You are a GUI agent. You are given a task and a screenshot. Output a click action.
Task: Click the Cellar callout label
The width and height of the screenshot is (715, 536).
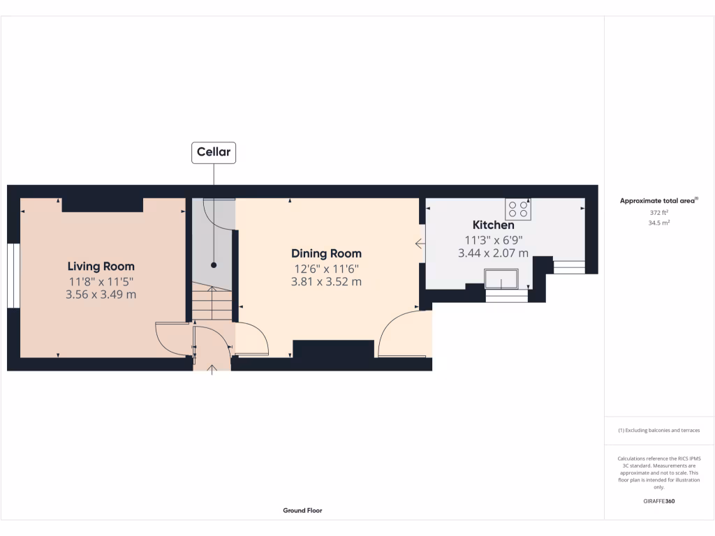(x=214, y=152)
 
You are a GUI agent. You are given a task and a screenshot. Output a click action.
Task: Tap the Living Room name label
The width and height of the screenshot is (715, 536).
(x=101, y=266)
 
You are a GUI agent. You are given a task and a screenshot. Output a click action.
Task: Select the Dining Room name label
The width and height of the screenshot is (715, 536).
(x=326, y=253)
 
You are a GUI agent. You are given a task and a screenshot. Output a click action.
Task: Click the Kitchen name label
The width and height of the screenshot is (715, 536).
(x=493, y=225)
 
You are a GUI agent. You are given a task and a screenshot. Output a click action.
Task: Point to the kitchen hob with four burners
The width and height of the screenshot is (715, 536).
(x=518, y=209)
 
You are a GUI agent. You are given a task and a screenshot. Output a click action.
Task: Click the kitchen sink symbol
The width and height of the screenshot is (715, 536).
(x=501, y=281)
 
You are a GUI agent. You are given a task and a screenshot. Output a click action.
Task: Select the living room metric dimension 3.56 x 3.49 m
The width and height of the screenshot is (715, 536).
(x=101, y=295)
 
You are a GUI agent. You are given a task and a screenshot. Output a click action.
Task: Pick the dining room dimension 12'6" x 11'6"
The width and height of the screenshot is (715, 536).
(x=326, y=269)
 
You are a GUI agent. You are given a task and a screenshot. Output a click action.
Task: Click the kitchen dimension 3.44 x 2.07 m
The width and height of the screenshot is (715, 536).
(x=493, y=253)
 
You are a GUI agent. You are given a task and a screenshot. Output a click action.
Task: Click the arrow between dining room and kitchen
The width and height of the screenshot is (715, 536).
(x=420, y=244)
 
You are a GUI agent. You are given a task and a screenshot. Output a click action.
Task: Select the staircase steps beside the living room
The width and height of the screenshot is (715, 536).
(x=212, y=304)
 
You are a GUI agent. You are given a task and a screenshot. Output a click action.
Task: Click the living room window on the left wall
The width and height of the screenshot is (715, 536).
(x=13, y=275)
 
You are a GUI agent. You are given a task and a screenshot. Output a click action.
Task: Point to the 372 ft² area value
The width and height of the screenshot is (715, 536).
(x=659, y=212)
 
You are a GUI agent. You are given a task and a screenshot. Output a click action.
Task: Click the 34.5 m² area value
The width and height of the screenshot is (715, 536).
(x=659, y=223)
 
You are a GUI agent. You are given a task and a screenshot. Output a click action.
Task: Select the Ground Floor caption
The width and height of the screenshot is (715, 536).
(x=302, y=511)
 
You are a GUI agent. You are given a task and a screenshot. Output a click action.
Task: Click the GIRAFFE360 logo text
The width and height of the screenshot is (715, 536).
(x=659, y=501)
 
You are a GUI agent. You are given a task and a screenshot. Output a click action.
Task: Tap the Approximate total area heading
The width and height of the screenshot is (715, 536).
(x=659, y=201)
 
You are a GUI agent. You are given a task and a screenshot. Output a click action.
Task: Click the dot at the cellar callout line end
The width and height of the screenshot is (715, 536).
(x=214, y=265)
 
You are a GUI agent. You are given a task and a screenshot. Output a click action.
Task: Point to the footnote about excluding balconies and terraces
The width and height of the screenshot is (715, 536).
(x=659, y=431)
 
